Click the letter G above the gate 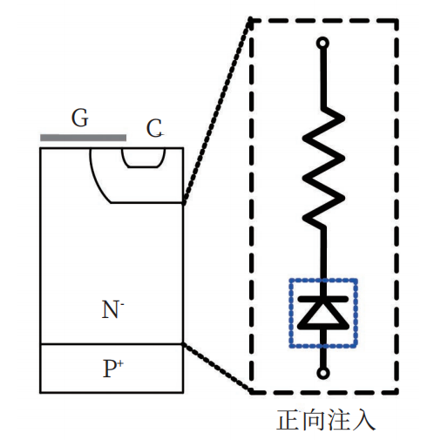[x=79, y=118]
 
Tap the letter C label [x=154, y=128]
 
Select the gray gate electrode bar [x=83, y=138]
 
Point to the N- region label [x=112, y=309]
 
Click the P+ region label [x=113, y=369]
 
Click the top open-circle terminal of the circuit [x=322, y=44]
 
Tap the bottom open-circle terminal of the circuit [x=323, y=373]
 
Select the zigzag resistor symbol [x=323, y=168]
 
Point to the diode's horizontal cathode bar [x=323, y=299]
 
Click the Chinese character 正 [x=288, y=420]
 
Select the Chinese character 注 [x=338, y=420]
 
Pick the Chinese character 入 [x=363, y=420]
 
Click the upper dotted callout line [x=217, y=111]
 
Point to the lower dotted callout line [x=217, y=368]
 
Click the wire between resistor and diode [x=323, y=261]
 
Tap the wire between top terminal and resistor [x=322, y=78]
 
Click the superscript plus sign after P [x=121, y=363]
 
